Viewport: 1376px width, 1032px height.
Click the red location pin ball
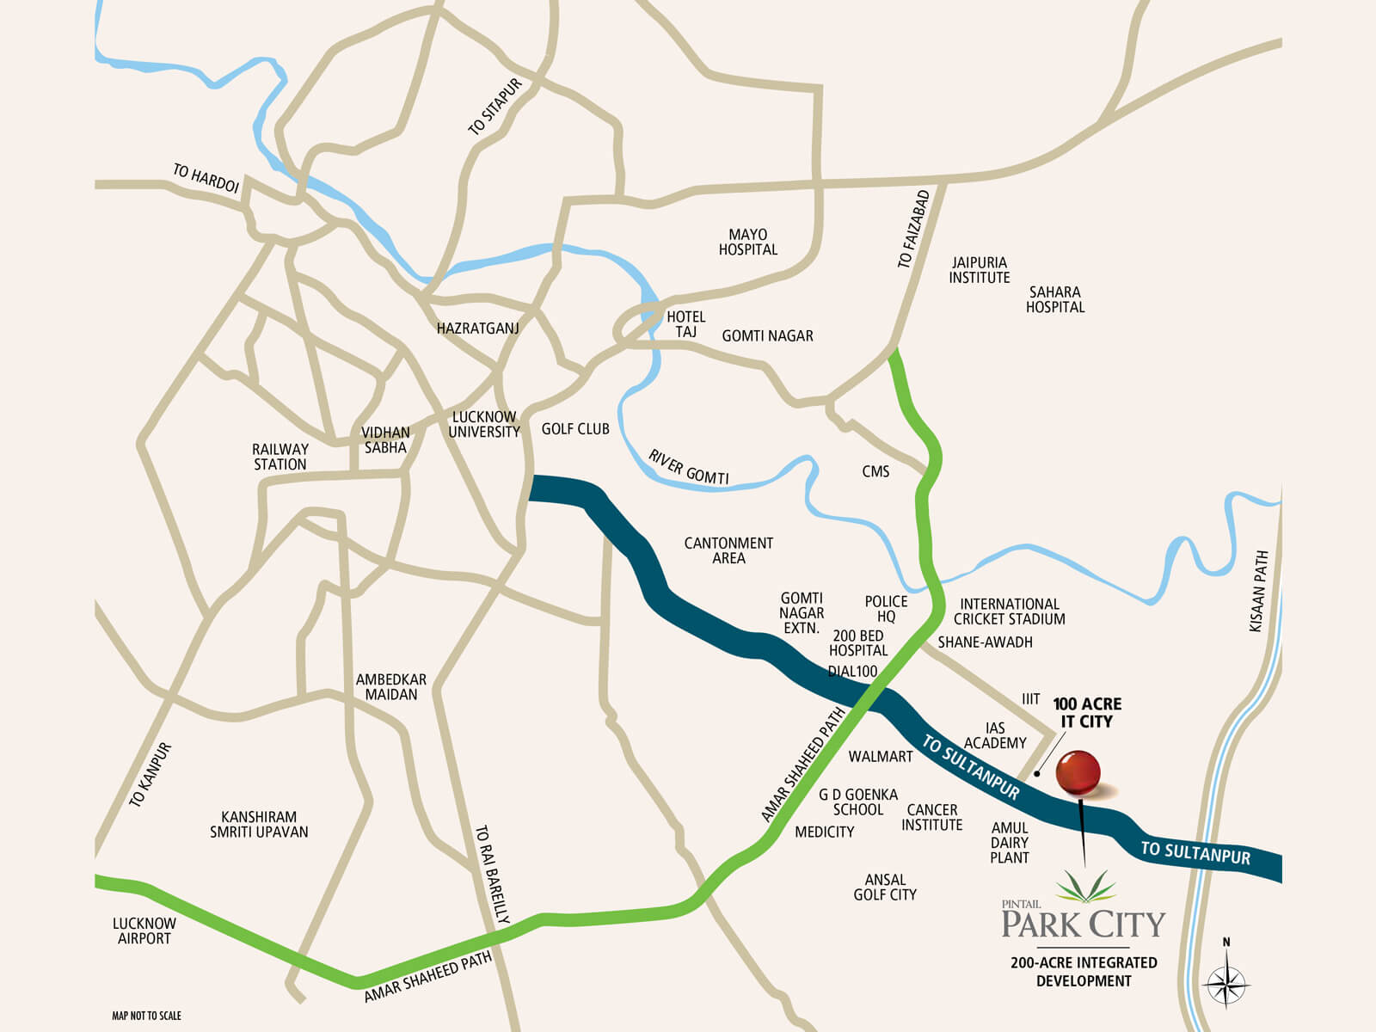pyautogui.click(x=1078, y=772)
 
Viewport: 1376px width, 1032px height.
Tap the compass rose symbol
pyautogui.click(x=1226, y=981)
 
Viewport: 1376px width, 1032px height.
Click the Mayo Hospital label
pyautogui.click(x=747, y=242)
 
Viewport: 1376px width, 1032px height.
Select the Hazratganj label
pyautogui.click(x=477, y=329)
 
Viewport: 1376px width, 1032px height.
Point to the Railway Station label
pyautogui.click(x=279, y=457)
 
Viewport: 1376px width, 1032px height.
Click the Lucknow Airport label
pyautogui.click(x=144, y=931)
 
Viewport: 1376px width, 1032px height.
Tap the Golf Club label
pyautogui.click(x=575, y=429)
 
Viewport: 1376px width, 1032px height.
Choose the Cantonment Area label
pyautogui.click(x=728, y=550)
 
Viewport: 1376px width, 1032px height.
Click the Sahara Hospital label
pyautogui.click(x=1055, y=299)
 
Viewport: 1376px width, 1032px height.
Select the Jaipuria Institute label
pyautogui.click(x=979, y=270)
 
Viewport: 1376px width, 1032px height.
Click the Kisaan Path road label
pyautogui.click(x=1258, y=592)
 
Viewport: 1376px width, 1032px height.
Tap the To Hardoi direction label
pyautogui.click(x=206, y=178)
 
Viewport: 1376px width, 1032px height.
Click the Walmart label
pyautogui.click(x=880, y=757)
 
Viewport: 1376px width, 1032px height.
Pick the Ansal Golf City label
pyautogui.click(x=885, y=888)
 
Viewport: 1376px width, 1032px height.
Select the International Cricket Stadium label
pyautogui.click(x=1009, y=611)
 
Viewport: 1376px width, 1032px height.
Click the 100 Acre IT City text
pyautogui.click(x=1087, y=713)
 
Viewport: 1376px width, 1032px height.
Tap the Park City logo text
pyautogui.click(x=1083, y=924)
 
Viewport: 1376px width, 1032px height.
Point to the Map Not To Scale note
pyautogui.click(x=146, y=1016)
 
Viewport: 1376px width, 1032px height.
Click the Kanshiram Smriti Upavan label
pyautogui.click(x=259, y=824)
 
